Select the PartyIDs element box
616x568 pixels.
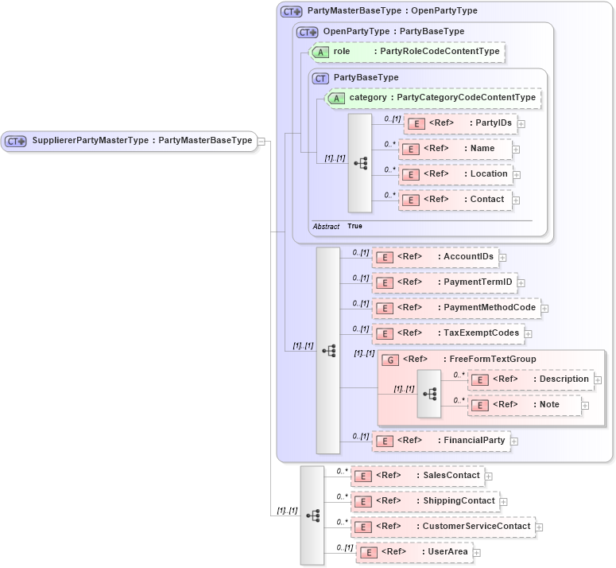click(x=460, y=123)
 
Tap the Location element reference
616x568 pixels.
click(x=455, y=174)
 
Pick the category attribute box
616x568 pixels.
click(x=434, y=98)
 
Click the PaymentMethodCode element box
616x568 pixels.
click(x=456, y=308)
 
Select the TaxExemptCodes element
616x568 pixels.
click(x=447, y=333)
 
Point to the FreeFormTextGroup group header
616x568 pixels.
click(x=459, y=360)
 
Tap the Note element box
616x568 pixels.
click(x=525, y=405)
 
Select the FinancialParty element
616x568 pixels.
click(x=441, y=441)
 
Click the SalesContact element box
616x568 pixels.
click(x=418, y=476)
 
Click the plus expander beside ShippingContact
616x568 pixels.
click(x=503, y=502)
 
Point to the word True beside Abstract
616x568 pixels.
click(x=354, y=227)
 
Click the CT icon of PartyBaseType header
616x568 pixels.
click(x=321, y=78)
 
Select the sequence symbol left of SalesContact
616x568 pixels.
click(x=312, y=515)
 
